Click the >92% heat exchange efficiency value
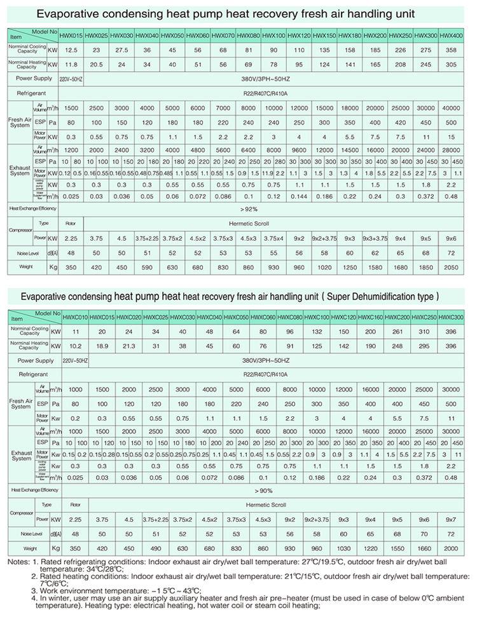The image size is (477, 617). [248, 209]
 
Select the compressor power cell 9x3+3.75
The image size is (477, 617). [375, 238]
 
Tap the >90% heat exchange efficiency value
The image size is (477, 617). [248, 490]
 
